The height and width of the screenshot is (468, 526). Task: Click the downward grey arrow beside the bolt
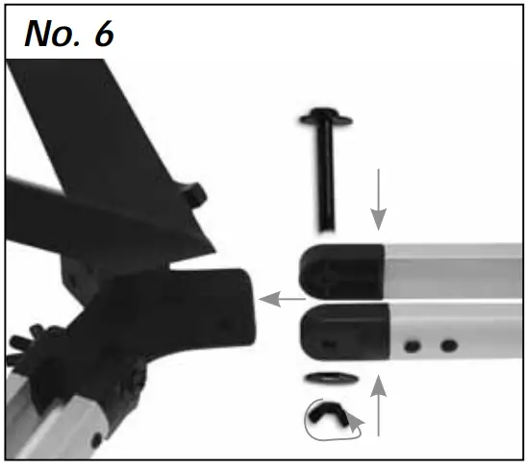[380, 196]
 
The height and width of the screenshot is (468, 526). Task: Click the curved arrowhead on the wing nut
[355, 421]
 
